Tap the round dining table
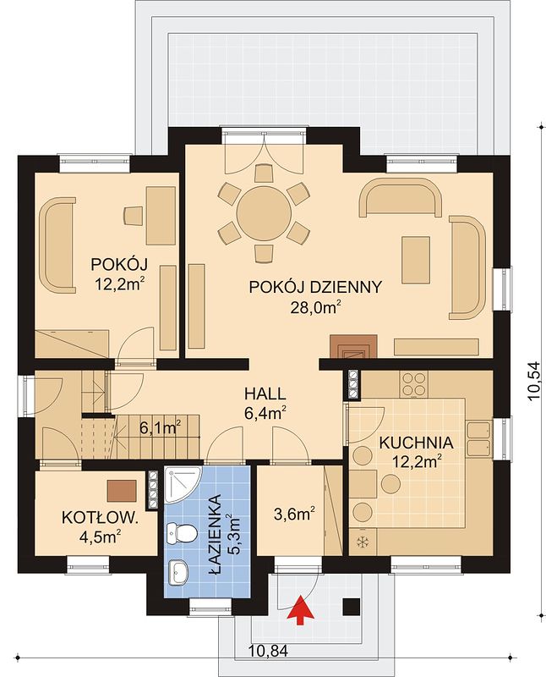pos(264,212)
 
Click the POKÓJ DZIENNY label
pos(316,287)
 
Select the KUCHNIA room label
pos(416,443)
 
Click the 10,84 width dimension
pos(269,649)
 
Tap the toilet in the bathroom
pos(181,533)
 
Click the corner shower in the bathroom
pos(182,485)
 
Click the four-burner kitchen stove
pos(413,384)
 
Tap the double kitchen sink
pos(478,439)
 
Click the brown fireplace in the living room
pos(353,347)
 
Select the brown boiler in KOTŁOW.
pos(123,491)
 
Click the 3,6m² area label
pos(294,514)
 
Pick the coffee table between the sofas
pos(416,260)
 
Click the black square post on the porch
pos(351,608)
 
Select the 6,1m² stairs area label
pos(160,427)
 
